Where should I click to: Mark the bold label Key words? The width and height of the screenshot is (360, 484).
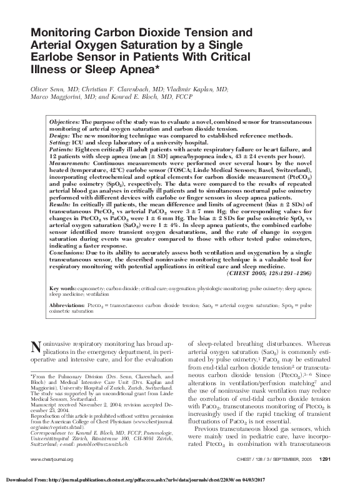pos(63,288)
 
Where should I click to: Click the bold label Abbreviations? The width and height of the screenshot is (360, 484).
pos(69,305)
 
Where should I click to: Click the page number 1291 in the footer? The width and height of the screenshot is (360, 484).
pos(324,460)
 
